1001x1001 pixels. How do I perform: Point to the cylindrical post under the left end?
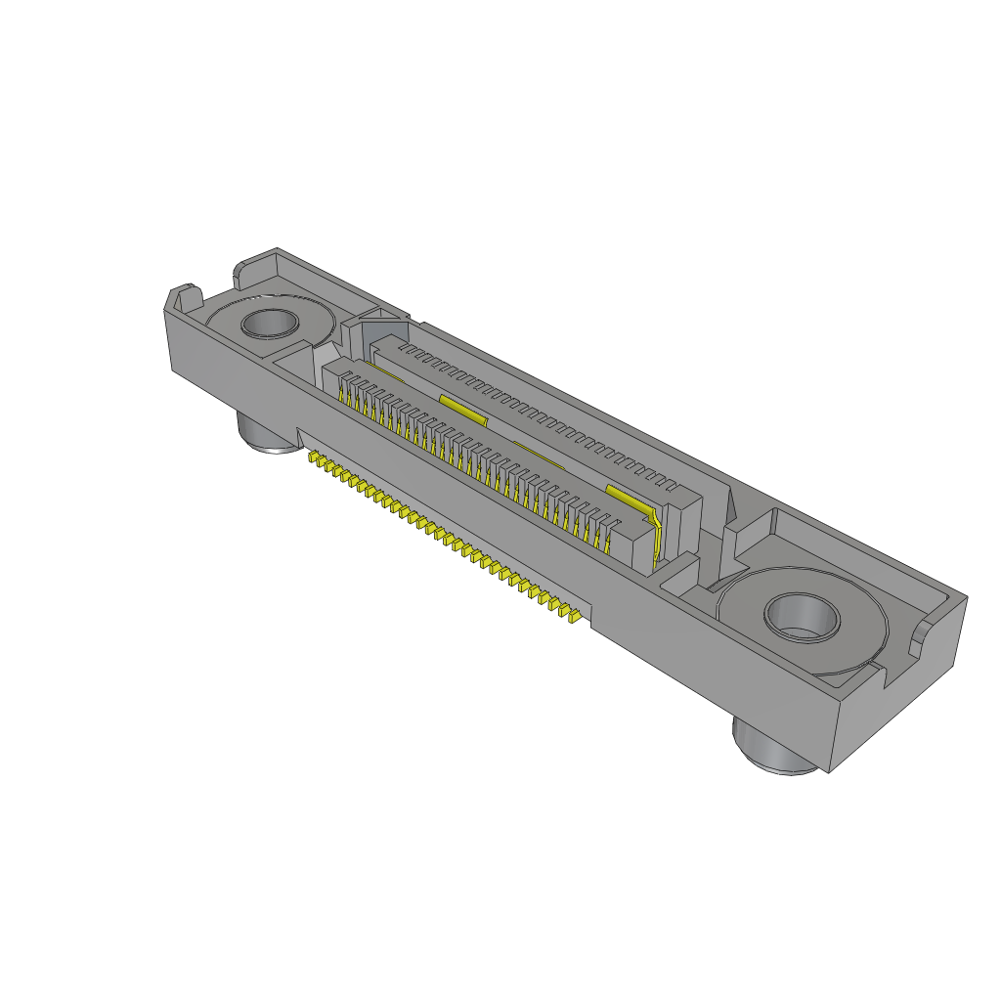point(265,434)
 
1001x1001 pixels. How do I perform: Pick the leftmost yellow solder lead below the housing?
point(313,457)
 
